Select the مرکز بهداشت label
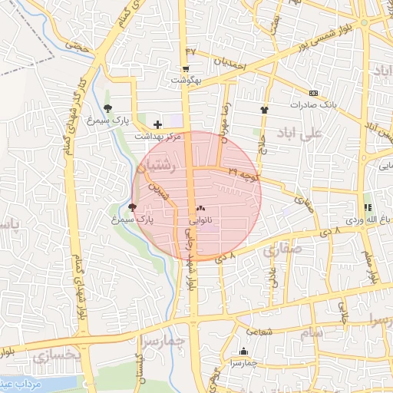point(157,135)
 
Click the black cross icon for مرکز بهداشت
point(157,124)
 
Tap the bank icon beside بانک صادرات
point(312,92)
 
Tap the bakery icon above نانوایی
point(200,208)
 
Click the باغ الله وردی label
point(364,220)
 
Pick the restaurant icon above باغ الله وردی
point(367,208)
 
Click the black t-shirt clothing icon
point(264,110)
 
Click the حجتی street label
point(78,47)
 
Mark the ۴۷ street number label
point(191,51)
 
